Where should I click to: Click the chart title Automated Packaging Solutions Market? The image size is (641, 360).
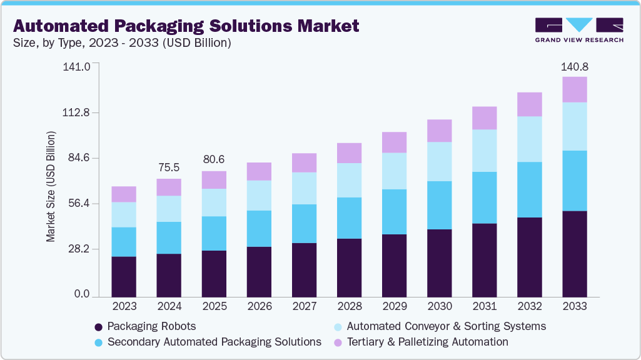pos(186,26)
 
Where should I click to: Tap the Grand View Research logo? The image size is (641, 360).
pos(578,30)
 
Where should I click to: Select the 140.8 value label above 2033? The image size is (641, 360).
pos(575,66)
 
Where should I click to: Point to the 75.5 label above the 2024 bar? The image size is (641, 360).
pos(169,167)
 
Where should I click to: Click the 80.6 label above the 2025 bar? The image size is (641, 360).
pos(214,159)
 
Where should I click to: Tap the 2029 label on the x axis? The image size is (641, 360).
pos(394,307)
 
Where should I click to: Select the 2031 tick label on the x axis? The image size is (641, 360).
pos(484,307)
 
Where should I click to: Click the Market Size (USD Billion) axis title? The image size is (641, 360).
pos(51,187)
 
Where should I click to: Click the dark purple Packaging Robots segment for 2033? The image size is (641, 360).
pos(574,254)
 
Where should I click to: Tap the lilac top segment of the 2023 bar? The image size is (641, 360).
pos(124,194)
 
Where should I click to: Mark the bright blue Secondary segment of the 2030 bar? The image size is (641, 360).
pos(439,205)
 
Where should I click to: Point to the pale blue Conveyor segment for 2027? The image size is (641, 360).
pos(304,188)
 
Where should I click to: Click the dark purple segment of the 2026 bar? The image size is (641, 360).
pos(259,271)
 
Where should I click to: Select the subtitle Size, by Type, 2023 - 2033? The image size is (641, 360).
pos(123,43)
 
